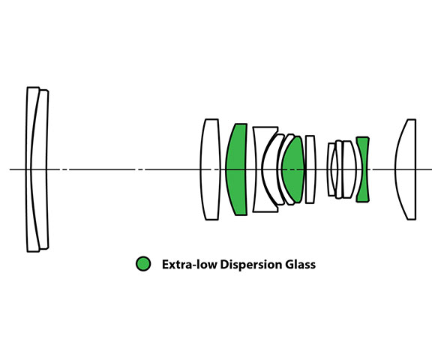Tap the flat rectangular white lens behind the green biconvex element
pyautogui.click(x=310, y=169)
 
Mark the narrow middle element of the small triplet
pyautogui.click(x=339, y=169)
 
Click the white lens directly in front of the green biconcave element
pyautogui.click(x=349, y=169)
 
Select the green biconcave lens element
pyautogui.click(x=363, y=169)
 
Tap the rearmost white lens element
pyautogui.click(x=407, y=169)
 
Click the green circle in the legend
pyautogui.click(x=143, y=263)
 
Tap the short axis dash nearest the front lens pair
pyautogui.click(x=64, y=169)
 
